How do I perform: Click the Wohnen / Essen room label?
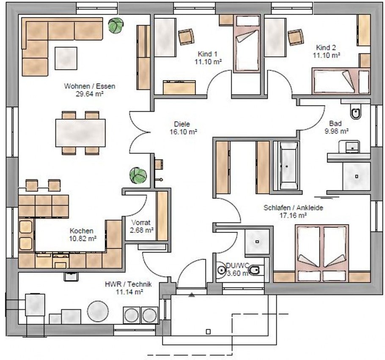point(90,86)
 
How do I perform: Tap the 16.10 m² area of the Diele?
point(184,132)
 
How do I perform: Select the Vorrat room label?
point(141,223)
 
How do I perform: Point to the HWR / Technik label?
point(128,284)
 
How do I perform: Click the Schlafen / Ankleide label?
point(293,208)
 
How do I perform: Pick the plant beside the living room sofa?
point(115,25)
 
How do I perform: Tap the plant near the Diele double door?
point(138,175)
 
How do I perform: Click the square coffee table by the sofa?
point(66,58)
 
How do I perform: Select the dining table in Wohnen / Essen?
point(80,133)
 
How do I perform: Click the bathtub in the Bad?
point(286,166)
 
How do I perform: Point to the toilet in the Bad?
point(356,112)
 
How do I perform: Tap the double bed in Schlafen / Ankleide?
point(323,253)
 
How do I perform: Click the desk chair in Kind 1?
point(186,37)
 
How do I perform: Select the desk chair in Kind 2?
point(296,37)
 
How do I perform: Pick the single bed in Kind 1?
point(247,44)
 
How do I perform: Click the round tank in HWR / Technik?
point(98,311)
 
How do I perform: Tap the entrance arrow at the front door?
point(192,295)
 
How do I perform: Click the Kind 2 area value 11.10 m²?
point(326,55)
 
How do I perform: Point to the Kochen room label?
point(82,231)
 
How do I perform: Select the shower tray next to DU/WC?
point(257,242)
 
